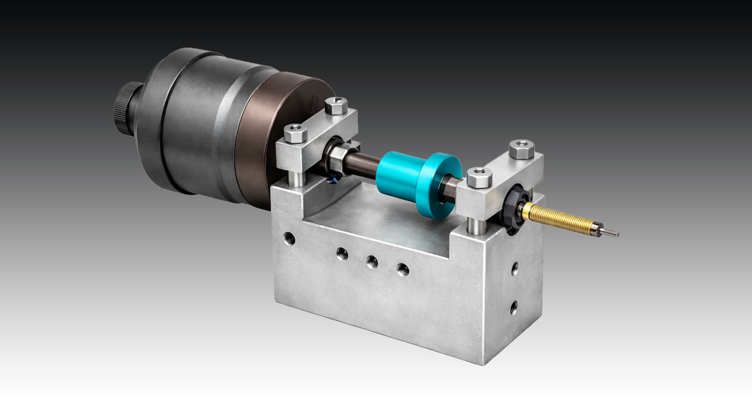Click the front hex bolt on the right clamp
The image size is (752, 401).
(479, 177)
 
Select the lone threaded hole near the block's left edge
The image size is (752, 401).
(290, 238)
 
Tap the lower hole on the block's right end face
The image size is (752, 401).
(514, 306)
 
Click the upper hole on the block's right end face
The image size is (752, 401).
(514, 268)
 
